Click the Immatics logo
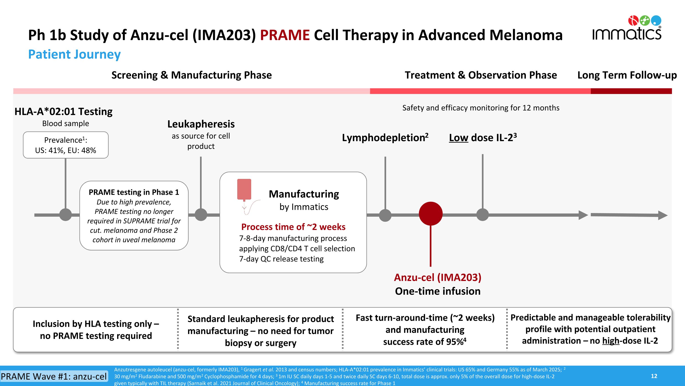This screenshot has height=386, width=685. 627,28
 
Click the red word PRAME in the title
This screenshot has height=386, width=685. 285,35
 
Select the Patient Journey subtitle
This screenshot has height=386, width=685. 74,54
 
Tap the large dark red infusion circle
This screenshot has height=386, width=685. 430,214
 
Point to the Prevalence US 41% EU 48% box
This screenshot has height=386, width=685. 66,145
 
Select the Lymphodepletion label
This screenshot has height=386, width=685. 385,138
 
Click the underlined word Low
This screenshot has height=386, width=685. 458,138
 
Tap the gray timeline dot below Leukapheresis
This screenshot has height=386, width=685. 201,215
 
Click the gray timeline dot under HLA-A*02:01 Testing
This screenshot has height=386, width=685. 65,215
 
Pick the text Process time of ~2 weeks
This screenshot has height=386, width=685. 293,227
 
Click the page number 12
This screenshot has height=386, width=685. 654,376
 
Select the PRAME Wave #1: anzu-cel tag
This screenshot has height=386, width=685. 54,376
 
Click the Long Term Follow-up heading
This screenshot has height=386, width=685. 627,75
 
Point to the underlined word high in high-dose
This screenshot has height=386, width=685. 611,341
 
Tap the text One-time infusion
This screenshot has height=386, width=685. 438,291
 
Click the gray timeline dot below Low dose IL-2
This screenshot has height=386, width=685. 482,215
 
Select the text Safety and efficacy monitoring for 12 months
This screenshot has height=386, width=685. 481,108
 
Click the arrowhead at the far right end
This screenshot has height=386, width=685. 663,215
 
